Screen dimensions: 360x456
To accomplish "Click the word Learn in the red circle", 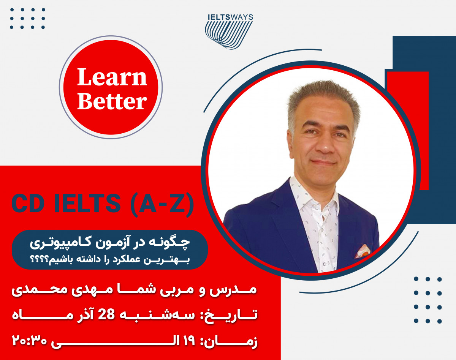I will click(x=112, y=77).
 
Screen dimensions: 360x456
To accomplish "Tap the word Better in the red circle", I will click(x=112, y=102).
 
